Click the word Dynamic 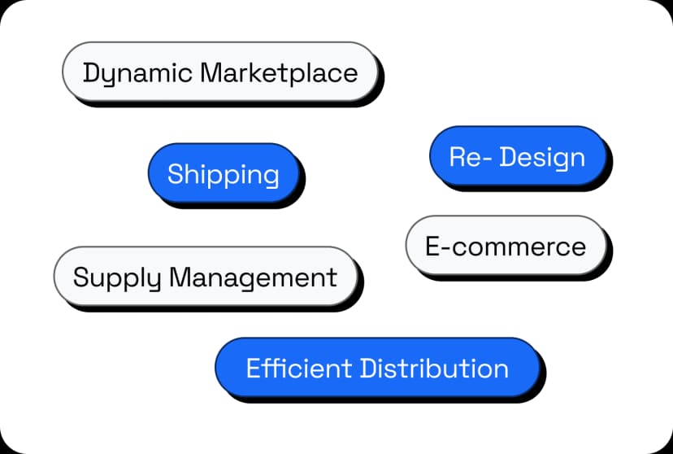tap(137, 73)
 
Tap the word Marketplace tap(279, 73)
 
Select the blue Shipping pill tap(224, 174)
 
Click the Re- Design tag tap(518, 157)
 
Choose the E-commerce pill tap(506, 246)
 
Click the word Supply tap(117, 277)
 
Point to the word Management tap(253, 277)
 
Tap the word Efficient tap(298, 368)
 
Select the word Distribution tap(434, 368)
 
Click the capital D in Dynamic tap(90, 73)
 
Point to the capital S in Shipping tap(175, 174)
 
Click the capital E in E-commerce tap(433, 246)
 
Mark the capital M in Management tap(180, 277)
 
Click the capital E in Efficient tap(254, 368)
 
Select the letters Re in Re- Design tap(464, 157)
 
